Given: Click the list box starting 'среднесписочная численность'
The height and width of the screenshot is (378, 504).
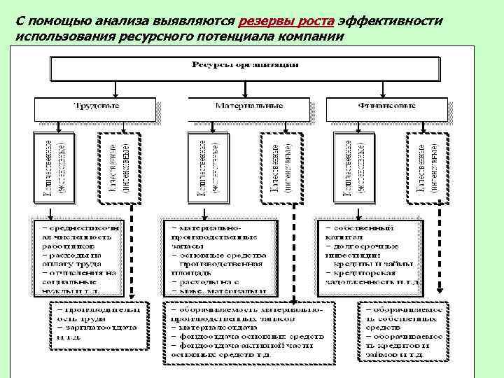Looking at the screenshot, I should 80,256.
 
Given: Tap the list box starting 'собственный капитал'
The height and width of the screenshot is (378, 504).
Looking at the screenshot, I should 371,256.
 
